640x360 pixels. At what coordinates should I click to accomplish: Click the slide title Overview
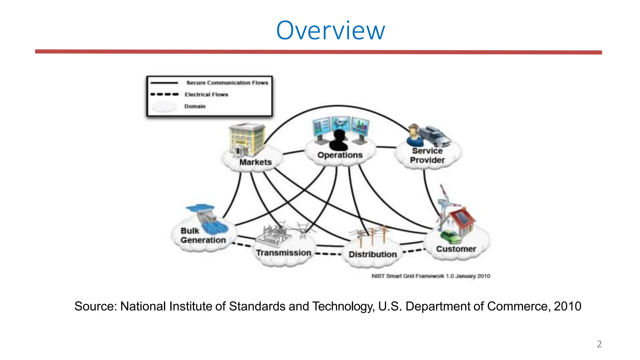tap(330, 31)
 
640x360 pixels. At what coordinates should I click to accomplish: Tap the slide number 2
tap(599, 344)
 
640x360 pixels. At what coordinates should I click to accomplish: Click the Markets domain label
tap(255, 162)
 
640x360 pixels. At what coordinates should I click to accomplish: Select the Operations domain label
tap(340, 155)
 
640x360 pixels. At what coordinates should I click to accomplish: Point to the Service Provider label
tap(427, 155)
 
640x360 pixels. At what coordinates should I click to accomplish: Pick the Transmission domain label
tap(283, 252)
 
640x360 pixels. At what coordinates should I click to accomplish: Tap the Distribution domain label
tap(372, 254)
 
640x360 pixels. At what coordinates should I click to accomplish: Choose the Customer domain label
tap(456, 249)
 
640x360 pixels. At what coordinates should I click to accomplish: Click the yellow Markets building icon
tap(247, 139)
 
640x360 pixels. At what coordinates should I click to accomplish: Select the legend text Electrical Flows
tap(206, 94)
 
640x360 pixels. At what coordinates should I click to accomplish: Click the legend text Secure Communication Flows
tap(227, 83)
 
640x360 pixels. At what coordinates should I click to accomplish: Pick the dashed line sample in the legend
tap(164, 94)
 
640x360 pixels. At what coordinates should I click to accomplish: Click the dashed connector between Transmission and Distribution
tap(328, 254)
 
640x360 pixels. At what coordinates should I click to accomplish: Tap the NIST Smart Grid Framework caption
tap(431, 276)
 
